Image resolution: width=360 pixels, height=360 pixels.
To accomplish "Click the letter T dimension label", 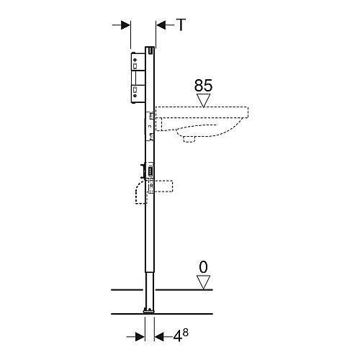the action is (181, 24).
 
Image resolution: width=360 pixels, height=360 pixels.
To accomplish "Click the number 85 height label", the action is (203, 86).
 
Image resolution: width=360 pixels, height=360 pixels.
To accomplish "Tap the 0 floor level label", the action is (203, 267).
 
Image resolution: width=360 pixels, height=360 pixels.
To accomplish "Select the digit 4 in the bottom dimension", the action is (177, 337).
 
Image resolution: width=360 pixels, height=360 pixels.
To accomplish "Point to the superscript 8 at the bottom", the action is (186, 333).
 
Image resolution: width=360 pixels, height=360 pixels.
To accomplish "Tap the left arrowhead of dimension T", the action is (125, 25).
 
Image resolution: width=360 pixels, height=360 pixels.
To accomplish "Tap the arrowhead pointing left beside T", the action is (161, 25).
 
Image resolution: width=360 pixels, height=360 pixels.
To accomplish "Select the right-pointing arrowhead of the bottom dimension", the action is (140, 337).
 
